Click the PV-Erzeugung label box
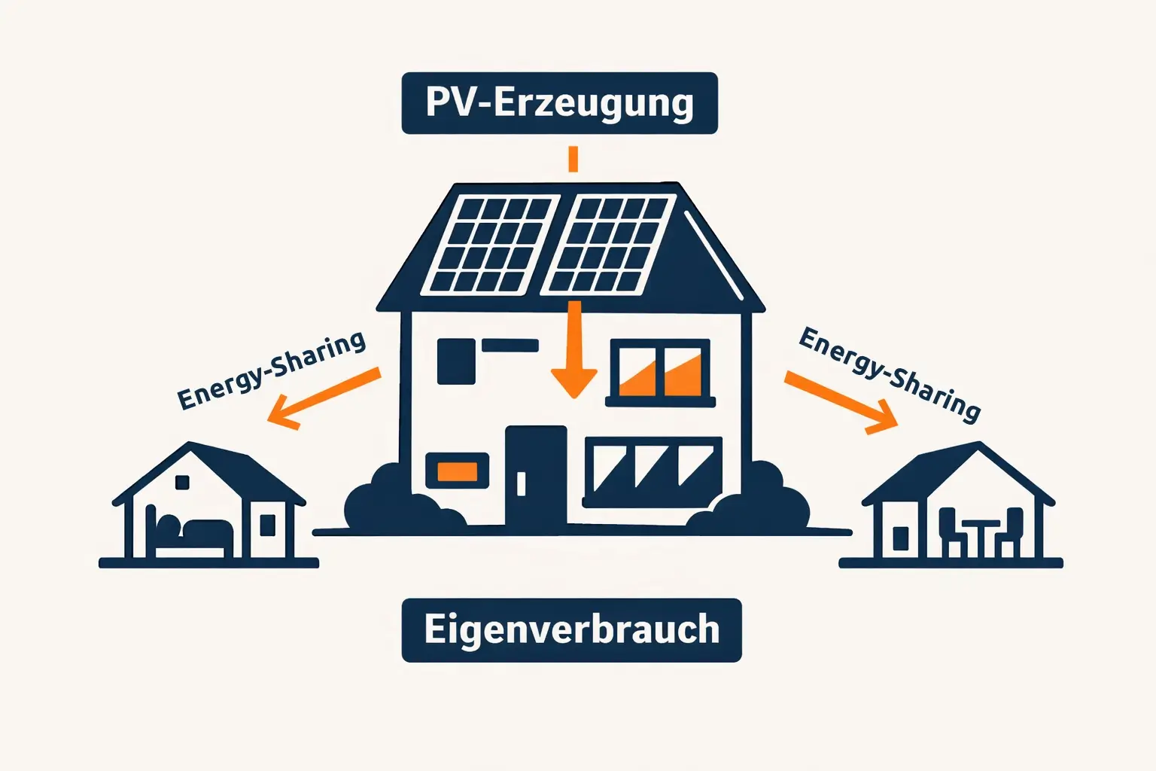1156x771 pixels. coord(559,103)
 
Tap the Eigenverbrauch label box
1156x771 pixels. coord(571,630)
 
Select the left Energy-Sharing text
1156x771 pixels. coord(272,370)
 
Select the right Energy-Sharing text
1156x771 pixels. coord(890,373)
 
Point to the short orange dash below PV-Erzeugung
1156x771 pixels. coord(573,159)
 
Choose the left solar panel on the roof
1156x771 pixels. coord(491,245)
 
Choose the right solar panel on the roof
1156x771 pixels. coord(609,245)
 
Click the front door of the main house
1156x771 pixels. coord(536,475)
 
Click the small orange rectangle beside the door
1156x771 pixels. coord(458,471)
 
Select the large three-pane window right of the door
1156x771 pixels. coord(653,470)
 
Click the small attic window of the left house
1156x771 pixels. coord(182,482)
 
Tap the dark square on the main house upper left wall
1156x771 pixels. coord(456,361)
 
